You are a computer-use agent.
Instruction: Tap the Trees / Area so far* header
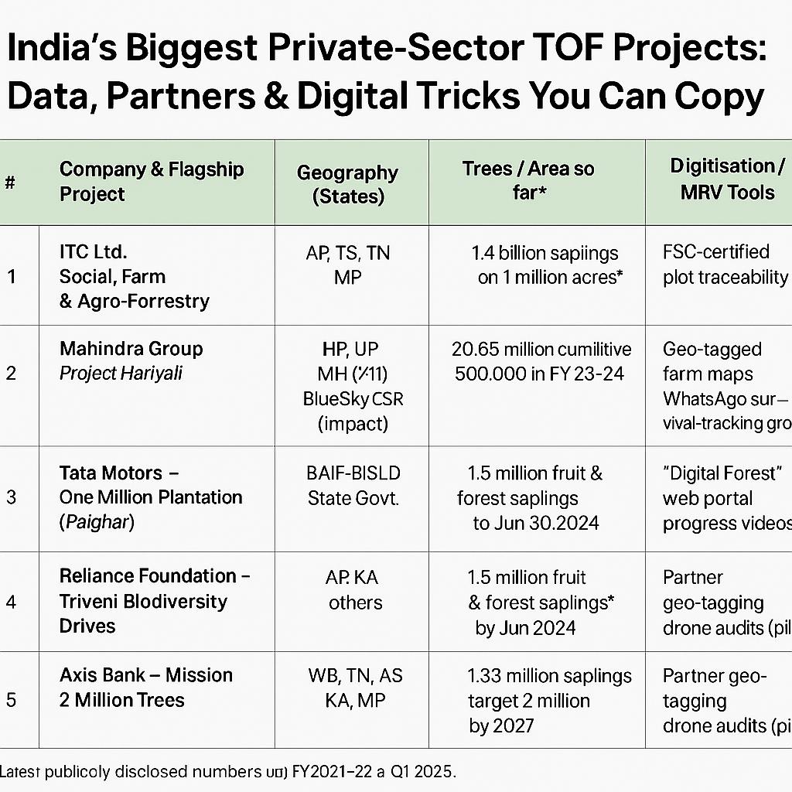click(x=529, y=180)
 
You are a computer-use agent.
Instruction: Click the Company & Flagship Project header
click(x=152, y=181)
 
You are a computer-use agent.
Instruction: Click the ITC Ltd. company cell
click(x=134, y=276)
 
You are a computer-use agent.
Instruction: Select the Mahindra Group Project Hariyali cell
click(x=131, y=360)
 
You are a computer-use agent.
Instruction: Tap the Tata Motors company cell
click(x=151, y=497)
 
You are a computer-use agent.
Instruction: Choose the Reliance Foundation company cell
click(x=155, y=601)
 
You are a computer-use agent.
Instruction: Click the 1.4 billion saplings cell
click(x=545, y=265)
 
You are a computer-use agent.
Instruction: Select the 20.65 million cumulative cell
click(x=541, y=360)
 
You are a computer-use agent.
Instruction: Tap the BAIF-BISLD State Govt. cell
click(x=353, y=485)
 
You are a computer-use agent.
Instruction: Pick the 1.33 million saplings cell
click(x=549, y=700)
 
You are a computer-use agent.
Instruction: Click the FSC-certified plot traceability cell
click(x=724, y=265)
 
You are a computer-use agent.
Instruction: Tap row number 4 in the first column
click(x=11, y=600)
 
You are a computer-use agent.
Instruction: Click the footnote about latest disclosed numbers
click(x=229, y=771)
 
